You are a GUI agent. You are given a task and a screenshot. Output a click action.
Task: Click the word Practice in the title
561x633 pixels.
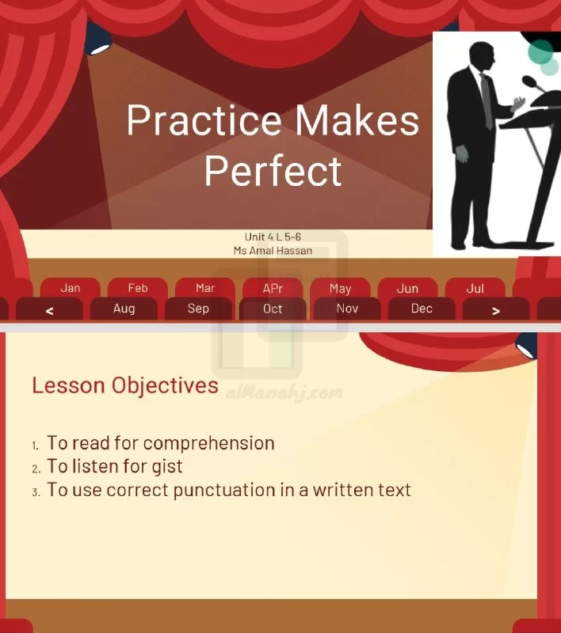(x=204, y=121)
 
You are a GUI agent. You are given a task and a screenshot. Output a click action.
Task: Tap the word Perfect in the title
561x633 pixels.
(x=273, y=171)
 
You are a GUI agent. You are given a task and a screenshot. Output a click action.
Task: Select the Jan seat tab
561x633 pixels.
(x=71, y=288)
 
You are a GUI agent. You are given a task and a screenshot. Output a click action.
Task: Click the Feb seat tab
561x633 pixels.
(x=138, y=288)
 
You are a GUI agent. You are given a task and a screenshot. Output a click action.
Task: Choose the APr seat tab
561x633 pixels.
(x=273, y=288)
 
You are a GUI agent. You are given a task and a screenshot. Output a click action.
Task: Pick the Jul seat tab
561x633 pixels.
(x=475, y=288)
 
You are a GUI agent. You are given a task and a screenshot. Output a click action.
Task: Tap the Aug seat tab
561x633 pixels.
(x=124, y=309)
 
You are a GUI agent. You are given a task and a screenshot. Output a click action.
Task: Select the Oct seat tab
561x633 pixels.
(x=273, y=309)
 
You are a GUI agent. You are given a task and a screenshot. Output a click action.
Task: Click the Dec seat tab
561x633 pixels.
(x=422, y=309)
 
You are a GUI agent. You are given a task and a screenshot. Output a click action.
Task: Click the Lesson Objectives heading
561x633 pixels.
(x=125, y=385)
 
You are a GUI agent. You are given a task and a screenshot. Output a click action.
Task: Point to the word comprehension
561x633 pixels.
(x=209, y=444)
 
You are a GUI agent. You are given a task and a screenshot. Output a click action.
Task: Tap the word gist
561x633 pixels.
(x=167, y=467)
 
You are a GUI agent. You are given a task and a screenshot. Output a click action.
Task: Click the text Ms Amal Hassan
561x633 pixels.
(x=273, y=251)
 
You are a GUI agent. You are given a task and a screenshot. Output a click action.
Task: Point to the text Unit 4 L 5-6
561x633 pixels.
(x=273, y=237)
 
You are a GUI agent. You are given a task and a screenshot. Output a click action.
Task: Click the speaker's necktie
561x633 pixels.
(x=487, y=101)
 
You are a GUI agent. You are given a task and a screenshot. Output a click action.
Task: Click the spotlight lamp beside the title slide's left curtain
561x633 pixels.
(x=98, y=39)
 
